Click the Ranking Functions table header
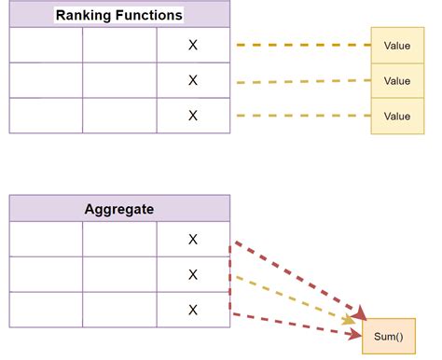[x=119, y=15]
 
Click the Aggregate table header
[x=119, y=209]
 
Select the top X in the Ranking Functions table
[x=193, y=45]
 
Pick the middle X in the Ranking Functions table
[x=193, y=80]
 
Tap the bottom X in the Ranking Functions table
[x=193, y=116]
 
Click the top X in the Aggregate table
[x=193, y=239]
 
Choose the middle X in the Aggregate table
[x=193, y=274]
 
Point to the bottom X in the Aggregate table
[x=193, y=310]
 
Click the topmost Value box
[x=397, y=45]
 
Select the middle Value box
[x=397, y=80]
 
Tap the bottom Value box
[x=397, y=116]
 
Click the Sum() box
[x=388, y=336]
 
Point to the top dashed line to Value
[x=303, y=45]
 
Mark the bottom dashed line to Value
[x=303, y=116]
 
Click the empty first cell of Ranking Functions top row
[x=46, y=45]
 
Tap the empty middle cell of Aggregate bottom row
[x=119, y=310]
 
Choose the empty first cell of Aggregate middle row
[x=46, y=274]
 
